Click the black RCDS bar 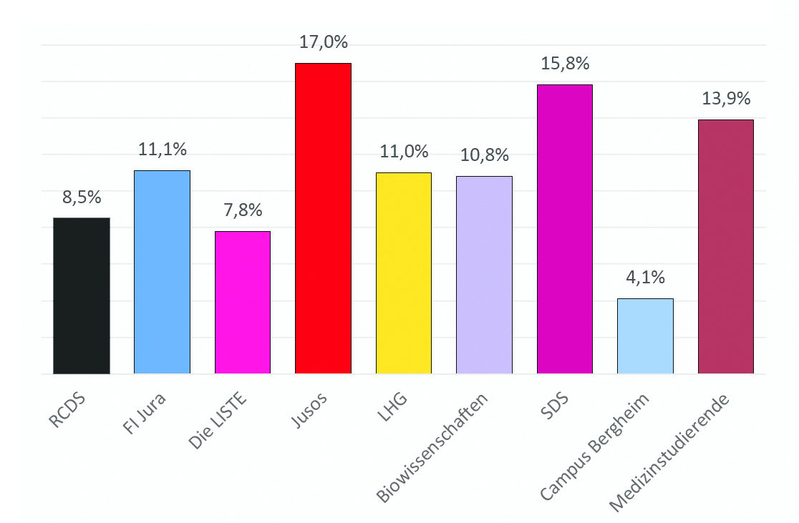tap(82, 295)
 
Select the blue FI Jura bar tap(162, 272)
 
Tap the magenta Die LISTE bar tap(243, 302)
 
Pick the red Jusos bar tap(323, 218)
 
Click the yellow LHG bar tap(404, 273)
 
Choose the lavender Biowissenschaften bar tap(484, 275)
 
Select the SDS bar tap(564, 229)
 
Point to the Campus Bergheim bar tap(645, 336)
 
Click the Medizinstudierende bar tap(725, 246)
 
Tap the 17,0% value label tap(324, 42)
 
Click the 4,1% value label tap(645, 277)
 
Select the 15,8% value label tap(565, 64)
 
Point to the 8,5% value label tap(82, 197)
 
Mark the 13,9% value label tap(726, 99)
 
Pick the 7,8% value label tap(243, 210)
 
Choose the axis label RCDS tap(67, 410)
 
